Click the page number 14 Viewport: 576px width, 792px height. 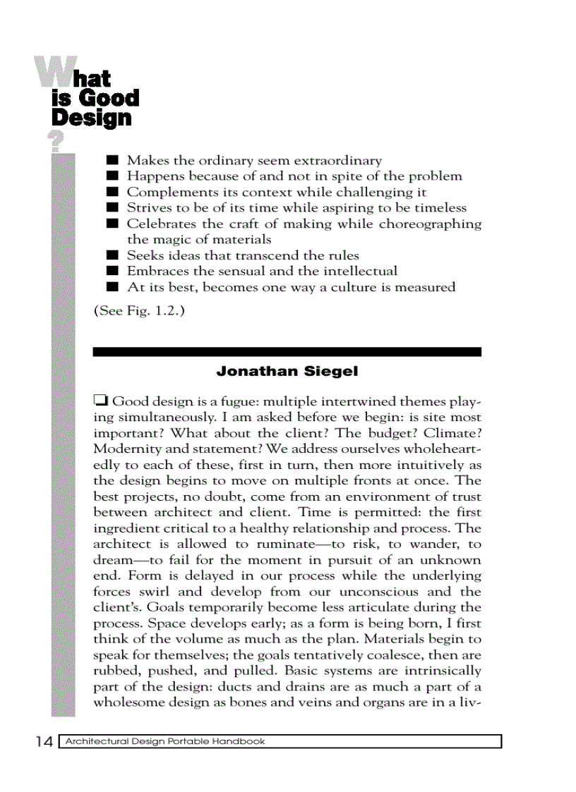43,742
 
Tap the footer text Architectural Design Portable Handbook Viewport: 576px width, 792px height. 164,741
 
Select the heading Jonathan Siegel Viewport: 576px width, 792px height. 287,371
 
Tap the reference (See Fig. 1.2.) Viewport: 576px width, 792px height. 139,310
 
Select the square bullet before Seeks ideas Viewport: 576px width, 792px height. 112,255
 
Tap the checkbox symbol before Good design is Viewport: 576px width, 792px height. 100,402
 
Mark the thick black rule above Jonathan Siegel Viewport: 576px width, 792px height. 287,351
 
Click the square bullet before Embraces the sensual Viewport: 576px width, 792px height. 112,272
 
